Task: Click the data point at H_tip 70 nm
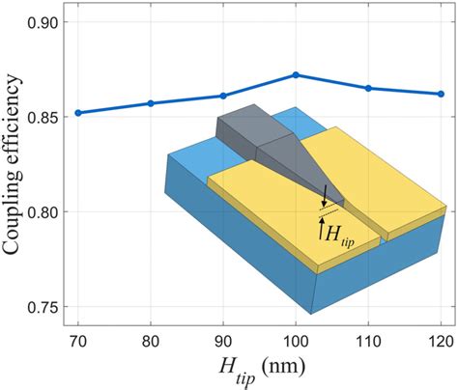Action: [x=78, y=112]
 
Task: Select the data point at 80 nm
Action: [x=151, y=103]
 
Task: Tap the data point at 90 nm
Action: [x=223, y=96]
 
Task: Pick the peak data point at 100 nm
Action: [x=296, y=74]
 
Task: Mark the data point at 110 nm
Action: [x=368, y=88]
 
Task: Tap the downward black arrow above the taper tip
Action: [x=325, y=193]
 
